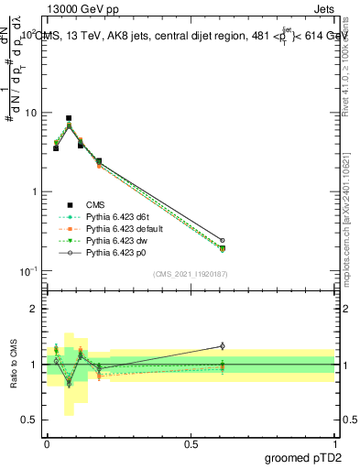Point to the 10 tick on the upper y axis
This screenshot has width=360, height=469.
click(32, 113)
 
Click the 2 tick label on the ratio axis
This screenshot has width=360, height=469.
click(35, 309)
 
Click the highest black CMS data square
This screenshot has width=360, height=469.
click(69, 118)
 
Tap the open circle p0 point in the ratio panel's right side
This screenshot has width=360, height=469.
click(222, 346)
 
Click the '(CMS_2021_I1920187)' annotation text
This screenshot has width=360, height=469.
click(191, 273)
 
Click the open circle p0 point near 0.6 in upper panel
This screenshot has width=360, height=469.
click(222, 240)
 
